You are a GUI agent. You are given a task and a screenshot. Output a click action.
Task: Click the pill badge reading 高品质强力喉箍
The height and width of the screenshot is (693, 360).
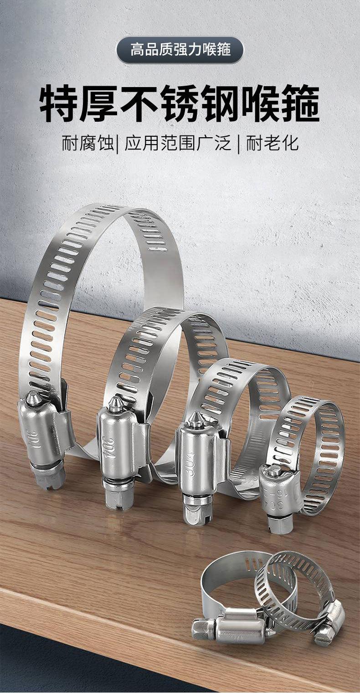tap(180, 50)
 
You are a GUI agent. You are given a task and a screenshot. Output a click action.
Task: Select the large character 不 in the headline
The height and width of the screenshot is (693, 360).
tap(139, 103)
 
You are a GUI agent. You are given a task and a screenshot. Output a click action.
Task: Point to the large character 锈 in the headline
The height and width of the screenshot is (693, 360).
tap(180, 103)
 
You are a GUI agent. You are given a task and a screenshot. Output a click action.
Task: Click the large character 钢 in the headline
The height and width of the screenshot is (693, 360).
tap(220, 103)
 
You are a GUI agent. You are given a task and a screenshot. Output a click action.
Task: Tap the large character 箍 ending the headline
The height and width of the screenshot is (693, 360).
tap(301, 103)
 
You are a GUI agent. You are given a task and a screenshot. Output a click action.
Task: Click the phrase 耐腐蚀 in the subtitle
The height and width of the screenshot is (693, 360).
tap(88, 143)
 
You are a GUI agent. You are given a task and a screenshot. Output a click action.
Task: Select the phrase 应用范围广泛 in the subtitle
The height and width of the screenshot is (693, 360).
tap(178, 143)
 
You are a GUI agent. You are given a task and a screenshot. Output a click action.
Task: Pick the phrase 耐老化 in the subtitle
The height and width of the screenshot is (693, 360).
tap(273, 143)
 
